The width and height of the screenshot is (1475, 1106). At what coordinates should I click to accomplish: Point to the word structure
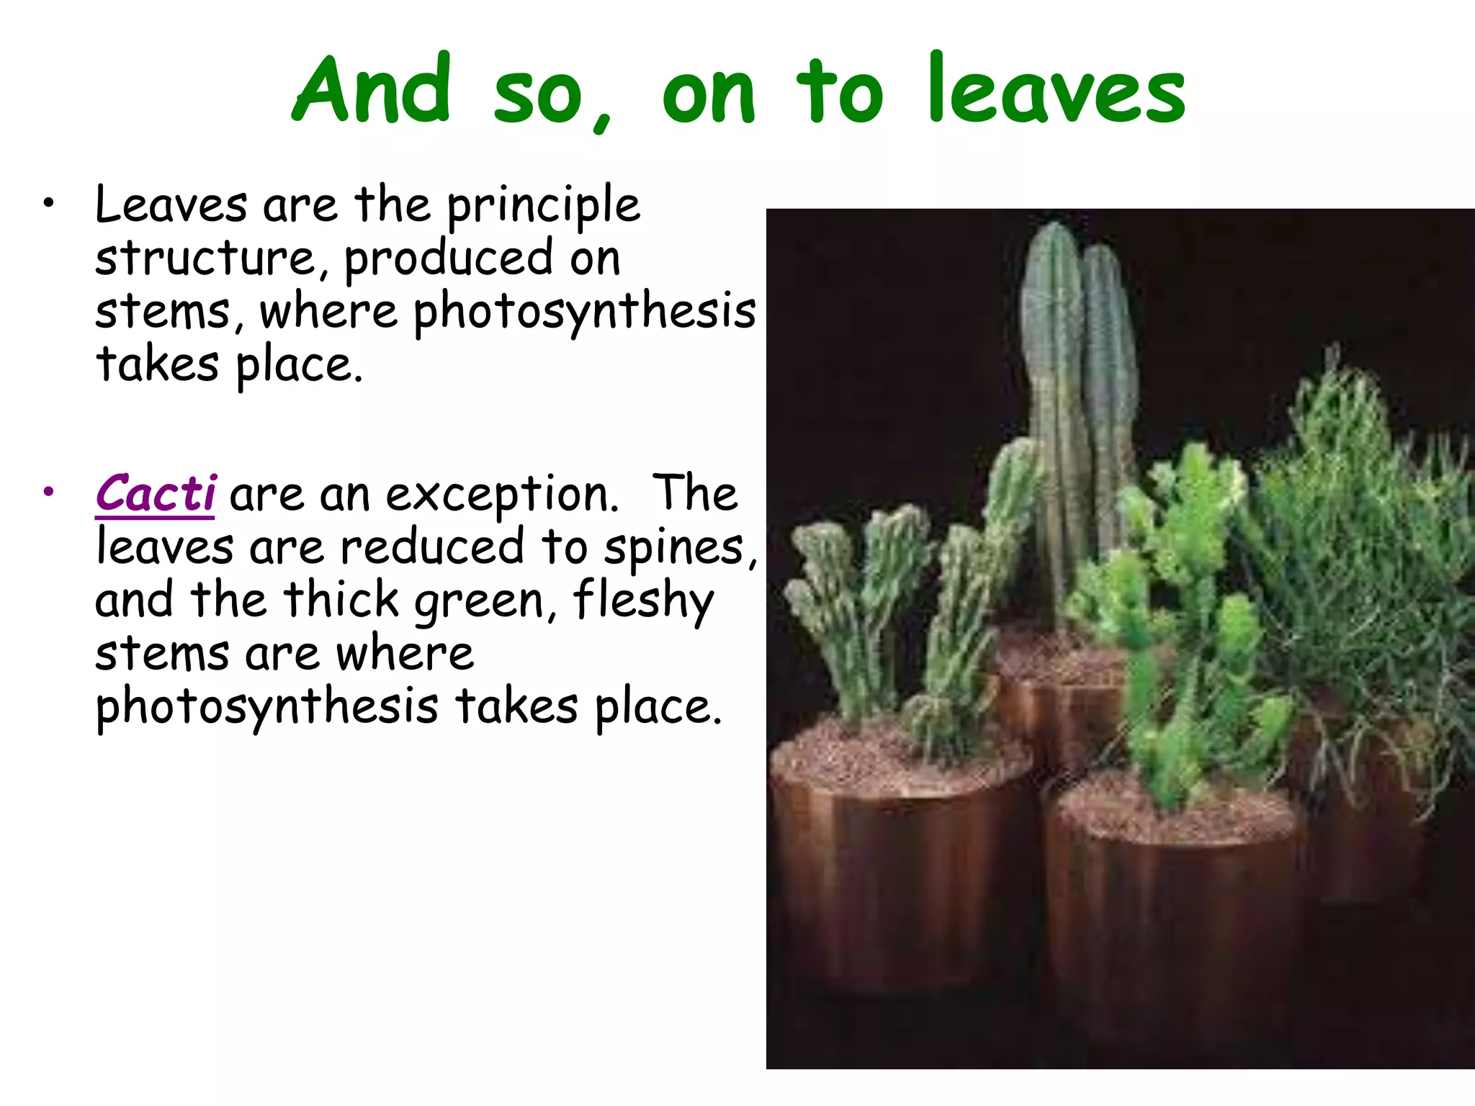click(206, 258)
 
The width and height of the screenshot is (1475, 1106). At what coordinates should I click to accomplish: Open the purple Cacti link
click(156, 494)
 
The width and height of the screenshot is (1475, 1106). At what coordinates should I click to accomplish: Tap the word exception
click(501, 496)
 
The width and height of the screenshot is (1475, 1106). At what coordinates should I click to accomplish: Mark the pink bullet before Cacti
click(48, 493)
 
